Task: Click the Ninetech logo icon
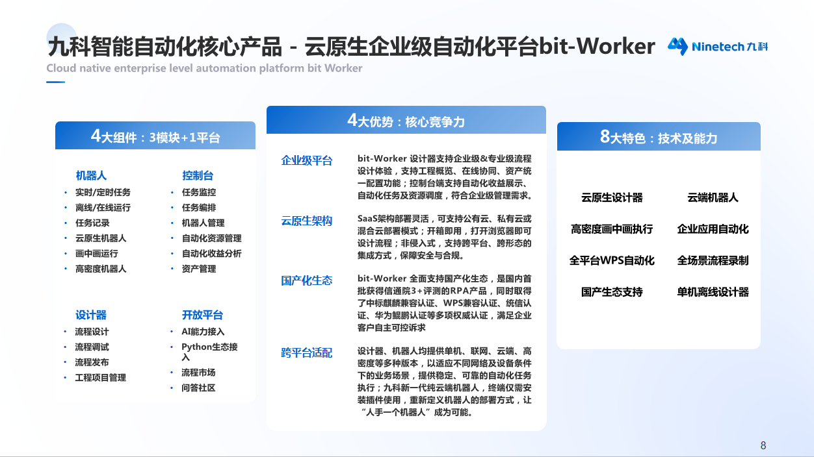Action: tap(677, 46)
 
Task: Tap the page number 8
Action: tap(763, 445)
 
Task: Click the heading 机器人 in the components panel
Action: tap(91, 175)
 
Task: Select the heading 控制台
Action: tap(198, 175)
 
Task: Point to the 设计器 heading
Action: tap(91, 315)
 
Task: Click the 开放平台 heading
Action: tap(202, 315)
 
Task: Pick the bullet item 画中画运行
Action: tap(96, 253)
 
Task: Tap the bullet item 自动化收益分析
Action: tap(211, 253)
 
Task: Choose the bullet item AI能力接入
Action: tap(203, 331)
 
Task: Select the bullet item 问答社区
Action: tap(198, 388)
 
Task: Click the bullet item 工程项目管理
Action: tap(100, 377)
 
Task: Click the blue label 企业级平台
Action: tap(307, 160)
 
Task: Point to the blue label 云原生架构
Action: tap(307, 221)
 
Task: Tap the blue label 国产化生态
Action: tap(307, 280)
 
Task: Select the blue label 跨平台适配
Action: tap(307, 352)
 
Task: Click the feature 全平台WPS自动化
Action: tap(612, 260)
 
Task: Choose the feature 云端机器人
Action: tap(713, 197)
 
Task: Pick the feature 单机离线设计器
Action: tap(713, 292)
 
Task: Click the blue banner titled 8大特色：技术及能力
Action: tap(659, 137)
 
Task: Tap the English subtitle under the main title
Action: tap(204, 68)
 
